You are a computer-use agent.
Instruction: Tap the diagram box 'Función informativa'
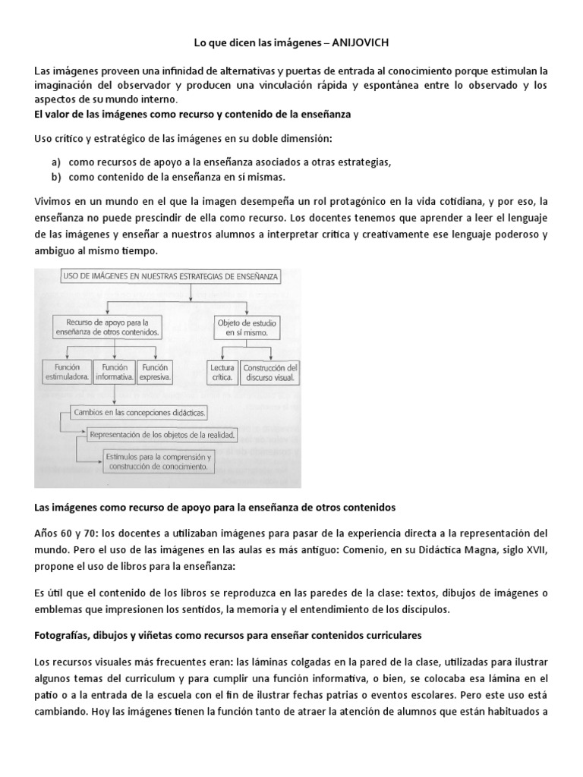[x=113, y=371]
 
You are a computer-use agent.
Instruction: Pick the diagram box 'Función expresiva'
[x=156, y=371]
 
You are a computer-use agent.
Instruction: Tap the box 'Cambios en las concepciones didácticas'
[x=138, y=413]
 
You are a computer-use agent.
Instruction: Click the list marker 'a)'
[x=56, y=162]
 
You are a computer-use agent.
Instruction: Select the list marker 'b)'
[x=56, y=176]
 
